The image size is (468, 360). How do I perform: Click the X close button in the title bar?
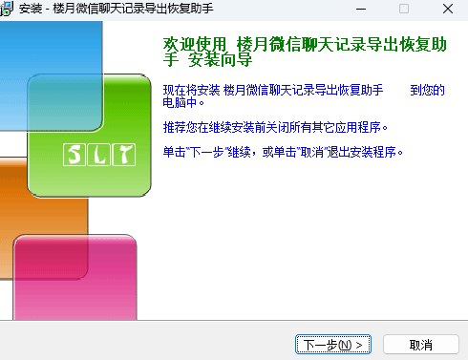point(446,9)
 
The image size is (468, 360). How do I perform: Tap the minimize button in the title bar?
point(360,9)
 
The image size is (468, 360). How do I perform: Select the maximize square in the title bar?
point(403,9)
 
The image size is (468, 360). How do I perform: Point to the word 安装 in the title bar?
point(31,9)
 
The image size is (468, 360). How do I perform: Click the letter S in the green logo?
point(74,154)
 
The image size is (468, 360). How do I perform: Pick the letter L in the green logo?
point(96,154)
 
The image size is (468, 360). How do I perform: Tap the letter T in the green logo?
point(119,154)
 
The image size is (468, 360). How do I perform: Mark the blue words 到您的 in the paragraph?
point(427,90)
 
